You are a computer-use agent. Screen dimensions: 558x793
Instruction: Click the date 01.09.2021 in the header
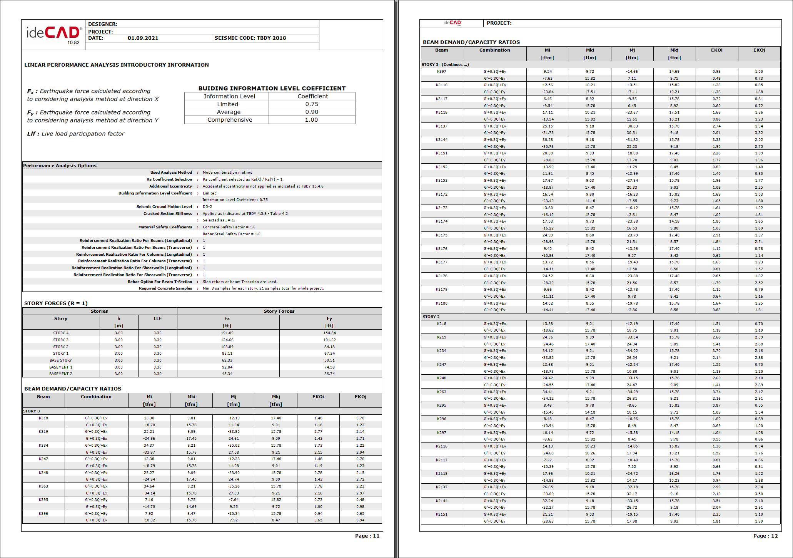coord(143,38)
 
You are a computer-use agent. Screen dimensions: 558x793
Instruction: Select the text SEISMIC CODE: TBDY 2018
coord(250,38)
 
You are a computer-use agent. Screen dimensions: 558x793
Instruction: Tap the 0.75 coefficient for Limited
coord(312,104)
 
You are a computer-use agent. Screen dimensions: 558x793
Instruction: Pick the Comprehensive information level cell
coord(230,120)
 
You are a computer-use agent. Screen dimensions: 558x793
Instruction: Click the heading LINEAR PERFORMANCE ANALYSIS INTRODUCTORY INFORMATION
coord(116,65)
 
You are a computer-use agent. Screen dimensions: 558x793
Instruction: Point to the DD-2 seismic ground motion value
coord(207,207)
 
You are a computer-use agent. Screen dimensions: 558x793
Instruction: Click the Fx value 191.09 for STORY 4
coord(227,333)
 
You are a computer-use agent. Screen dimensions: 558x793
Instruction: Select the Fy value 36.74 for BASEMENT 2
coord(329,374)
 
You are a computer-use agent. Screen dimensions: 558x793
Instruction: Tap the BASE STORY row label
coord(60,360)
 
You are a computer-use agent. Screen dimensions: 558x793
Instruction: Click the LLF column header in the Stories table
coord(157,319)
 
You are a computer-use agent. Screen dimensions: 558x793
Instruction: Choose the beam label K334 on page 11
coord(43,446)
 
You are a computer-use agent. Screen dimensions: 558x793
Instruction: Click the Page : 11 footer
coord(367,536)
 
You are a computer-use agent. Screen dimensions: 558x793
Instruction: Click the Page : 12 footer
coord(765,536)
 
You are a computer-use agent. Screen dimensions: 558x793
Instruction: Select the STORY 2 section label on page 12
coord(431,317)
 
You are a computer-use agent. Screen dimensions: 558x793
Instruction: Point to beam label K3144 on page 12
coord(441,140)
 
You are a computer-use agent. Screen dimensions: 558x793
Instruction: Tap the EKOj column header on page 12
coord(759,50)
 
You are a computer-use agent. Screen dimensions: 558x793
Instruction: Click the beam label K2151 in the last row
coord(441,514)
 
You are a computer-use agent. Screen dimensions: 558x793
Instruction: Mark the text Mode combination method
coord(227,173)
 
